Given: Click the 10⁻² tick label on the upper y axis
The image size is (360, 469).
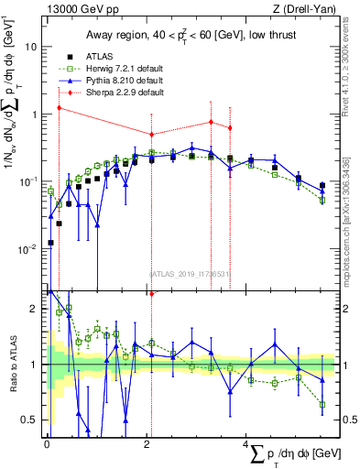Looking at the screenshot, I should tap(29, 249).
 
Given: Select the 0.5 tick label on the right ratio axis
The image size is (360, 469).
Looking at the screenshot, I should tap(346, 420).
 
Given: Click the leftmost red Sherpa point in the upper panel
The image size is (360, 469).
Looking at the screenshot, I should tap(59, 108).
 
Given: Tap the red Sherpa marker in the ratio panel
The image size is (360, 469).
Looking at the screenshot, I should tap(151, 294).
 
